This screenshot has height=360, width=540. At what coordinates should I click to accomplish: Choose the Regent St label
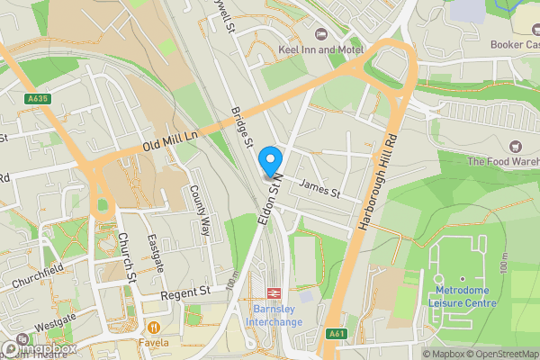point(184,292)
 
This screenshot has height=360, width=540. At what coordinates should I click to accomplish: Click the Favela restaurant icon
point(156,328)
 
